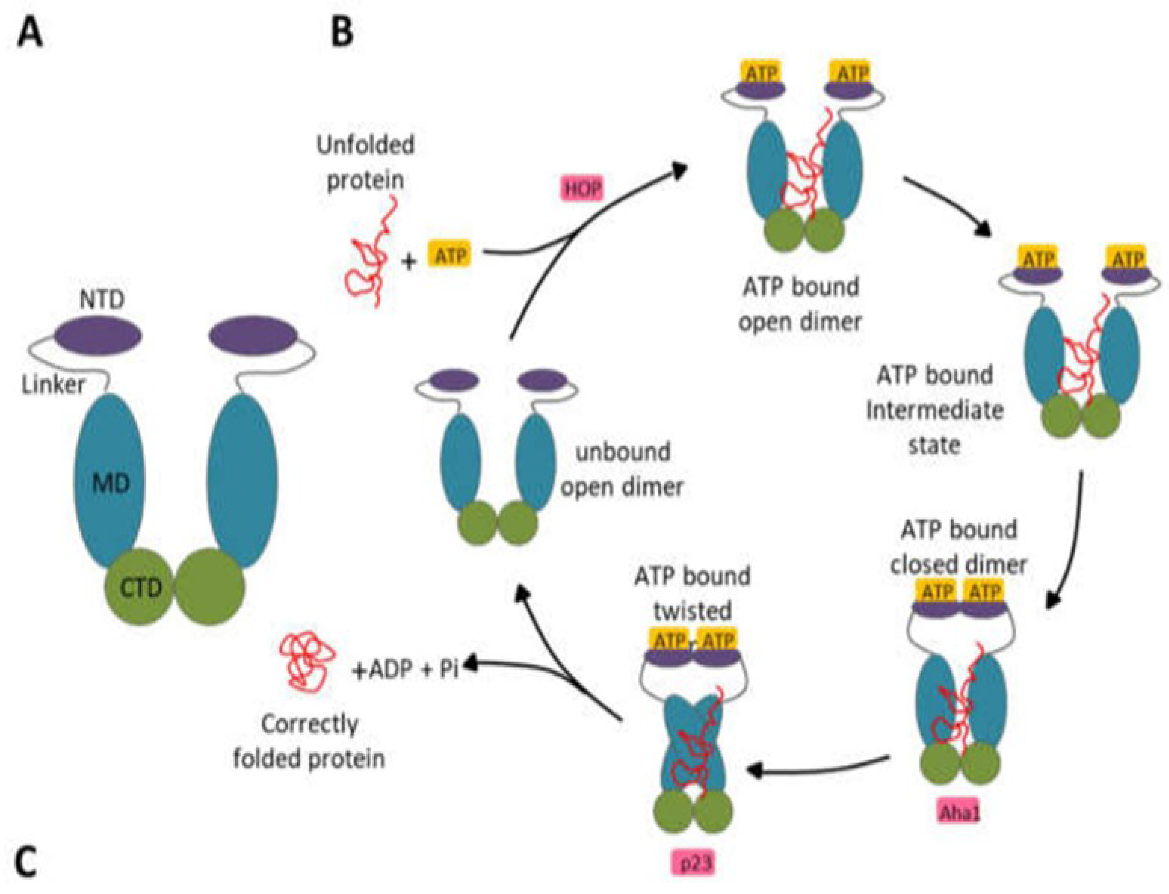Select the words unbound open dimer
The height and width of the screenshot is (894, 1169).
tap(622, 469)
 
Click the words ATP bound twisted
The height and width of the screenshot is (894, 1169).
tap(692, 593)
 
